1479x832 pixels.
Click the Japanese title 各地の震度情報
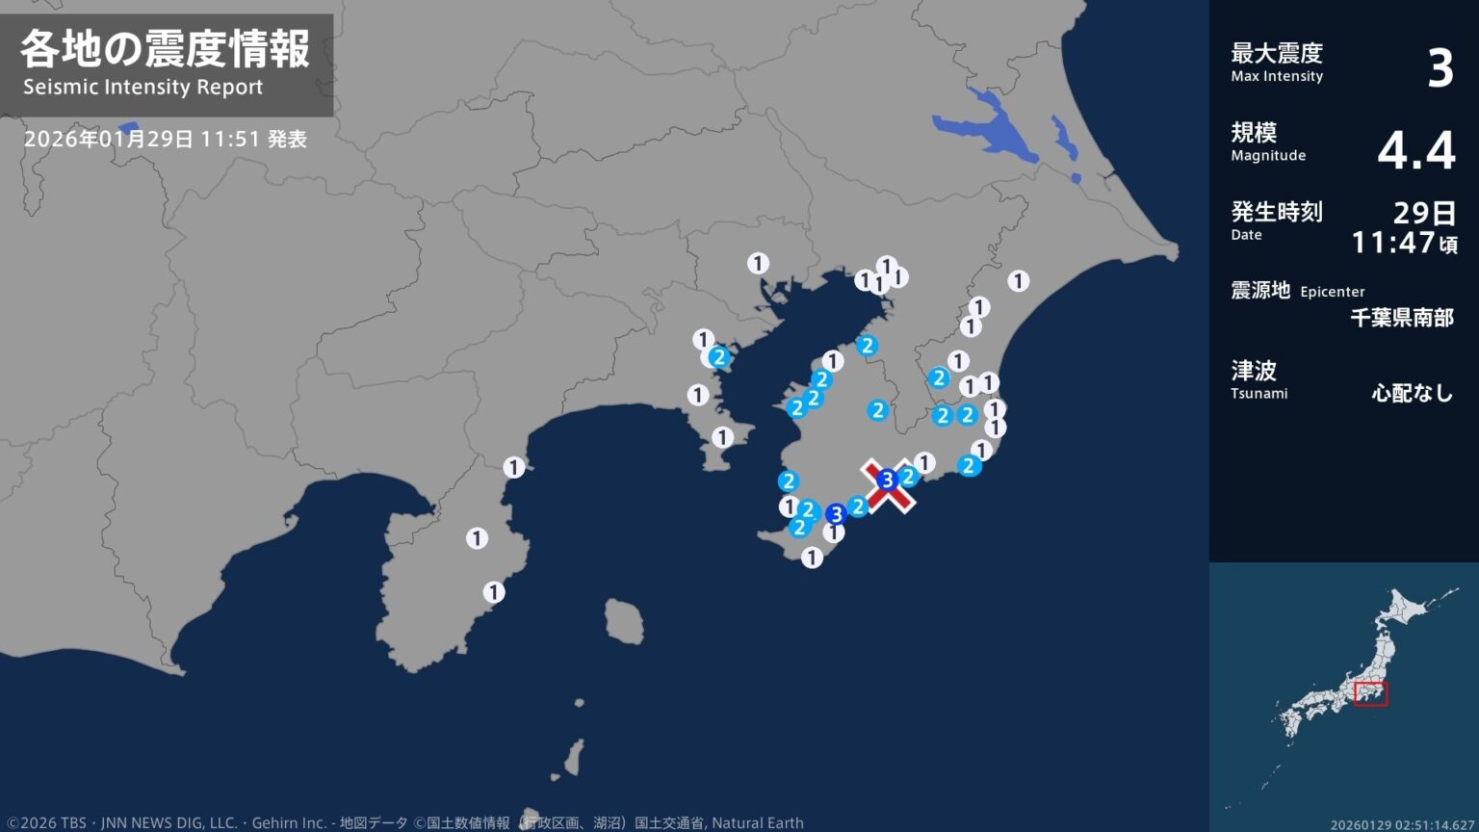pos(165,49)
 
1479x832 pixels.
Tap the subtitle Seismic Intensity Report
pos(143,88)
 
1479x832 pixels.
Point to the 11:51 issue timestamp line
pos(165,139)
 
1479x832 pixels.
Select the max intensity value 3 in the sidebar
pos(1440,68)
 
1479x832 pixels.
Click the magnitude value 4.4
pos(1415,150)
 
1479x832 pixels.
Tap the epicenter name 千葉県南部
pos(1401,318)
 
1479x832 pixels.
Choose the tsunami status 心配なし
pos(1412,393)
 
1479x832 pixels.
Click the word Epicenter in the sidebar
pos(1332,292)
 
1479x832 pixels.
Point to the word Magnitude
pos(1268,156)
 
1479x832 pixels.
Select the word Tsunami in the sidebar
pos(1258,394)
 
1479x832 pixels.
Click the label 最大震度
pos(1276,53)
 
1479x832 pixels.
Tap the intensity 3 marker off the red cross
pos(836,514)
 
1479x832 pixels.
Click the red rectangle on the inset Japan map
pos(1370,693)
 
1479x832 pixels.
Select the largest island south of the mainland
pos(624,621)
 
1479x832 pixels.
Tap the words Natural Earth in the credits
pos(757,823)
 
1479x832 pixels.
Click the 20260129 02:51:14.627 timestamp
pos(1402,825)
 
